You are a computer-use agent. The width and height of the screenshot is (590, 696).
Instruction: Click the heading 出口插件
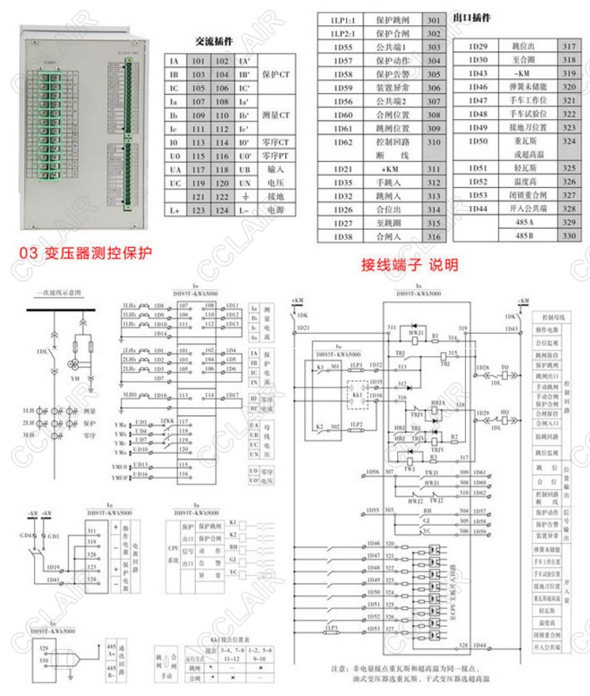(474, 17)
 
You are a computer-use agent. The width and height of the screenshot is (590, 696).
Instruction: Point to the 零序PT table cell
(276, 156)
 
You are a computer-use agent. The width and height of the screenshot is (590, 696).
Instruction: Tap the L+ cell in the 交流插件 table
(175, 211)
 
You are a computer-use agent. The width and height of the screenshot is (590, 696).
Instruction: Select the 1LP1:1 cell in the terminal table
(342, 20)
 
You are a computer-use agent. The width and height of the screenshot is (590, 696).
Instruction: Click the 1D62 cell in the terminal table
(342, 142)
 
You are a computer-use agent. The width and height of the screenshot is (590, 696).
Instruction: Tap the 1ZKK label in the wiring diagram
(166, 421)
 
